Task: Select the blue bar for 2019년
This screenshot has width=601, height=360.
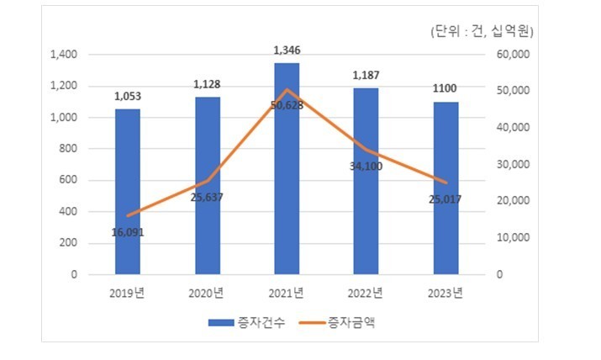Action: click(x=128, y=191)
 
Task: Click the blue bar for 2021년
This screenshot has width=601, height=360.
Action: click(x=287, y=168)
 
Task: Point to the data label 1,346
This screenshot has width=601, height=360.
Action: click(x=287, y=51)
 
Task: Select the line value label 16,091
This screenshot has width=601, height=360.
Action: click(x=128, y=231)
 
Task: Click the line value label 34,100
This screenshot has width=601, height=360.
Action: click(x=366, y=166)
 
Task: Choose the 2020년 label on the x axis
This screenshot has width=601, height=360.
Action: click(x=207, y=293)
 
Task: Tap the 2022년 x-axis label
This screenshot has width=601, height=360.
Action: click(x=366, y=293)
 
